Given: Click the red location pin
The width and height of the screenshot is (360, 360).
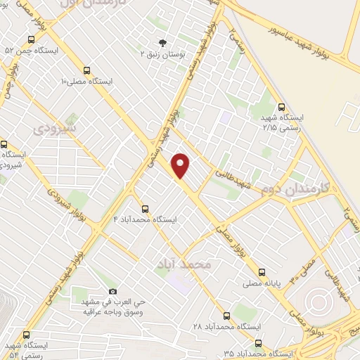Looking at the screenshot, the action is point(181,165).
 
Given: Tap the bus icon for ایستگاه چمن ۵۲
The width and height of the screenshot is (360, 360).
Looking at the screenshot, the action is point(31,40).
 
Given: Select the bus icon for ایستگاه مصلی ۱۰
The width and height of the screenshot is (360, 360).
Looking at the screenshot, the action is point(86,70).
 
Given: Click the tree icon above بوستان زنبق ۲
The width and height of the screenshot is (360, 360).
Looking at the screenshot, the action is point(163,42).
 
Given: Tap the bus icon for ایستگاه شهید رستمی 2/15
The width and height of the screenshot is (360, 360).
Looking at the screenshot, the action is point(281,108).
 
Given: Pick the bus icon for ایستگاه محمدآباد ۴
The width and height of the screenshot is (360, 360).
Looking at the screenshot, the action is point(146,208).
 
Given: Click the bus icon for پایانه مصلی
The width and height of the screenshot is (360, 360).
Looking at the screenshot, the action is point(262,271).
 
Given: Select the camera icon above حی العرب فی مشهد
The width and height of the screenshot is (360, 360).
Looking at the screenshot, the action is point(113,291).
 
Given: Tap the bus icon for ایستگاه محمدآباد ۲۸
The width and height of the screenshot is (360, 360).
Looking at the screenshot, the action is point(226,316).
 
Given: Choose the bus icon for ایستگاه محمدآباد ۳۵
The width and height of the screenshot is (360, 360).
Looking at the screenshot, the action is point(259,342).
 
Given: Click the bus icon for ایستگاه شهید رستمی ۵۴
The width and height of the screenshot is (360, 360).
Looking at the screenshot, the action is point(27,335).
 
